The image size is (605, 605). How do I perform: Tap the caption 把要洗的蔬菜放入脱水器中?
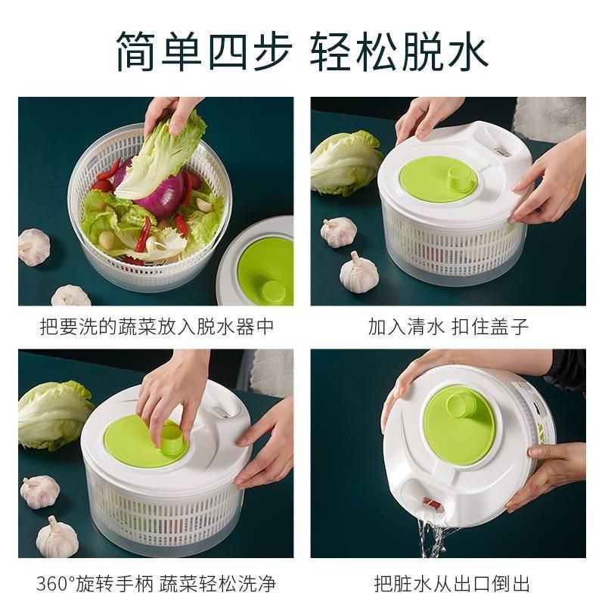click(156, 327)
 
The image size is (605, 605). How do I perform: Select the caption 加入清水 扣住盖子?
click(448, 327)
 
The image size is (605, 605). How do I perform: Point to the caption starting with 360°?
click(156, 584)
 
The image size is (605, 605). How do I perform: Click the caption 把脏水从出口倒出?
click(451, 584)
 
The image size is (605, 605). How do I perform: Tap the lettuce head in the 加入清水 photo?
click(346, 163)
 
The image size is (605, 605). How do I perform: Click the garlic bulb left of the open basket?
click(33, 247)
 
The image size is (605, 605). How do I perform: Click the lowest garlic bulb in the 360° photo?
click(56, 538)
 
